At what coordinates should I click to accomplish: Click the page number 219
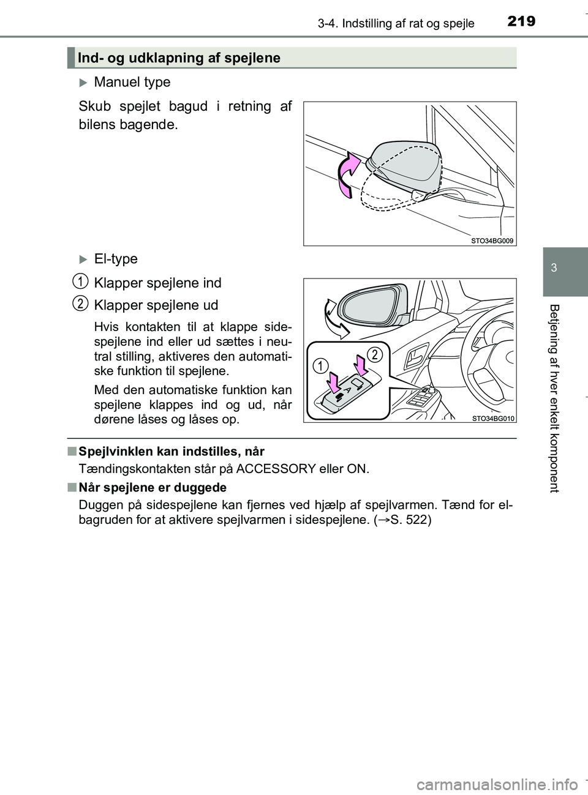click(x=522, y=21)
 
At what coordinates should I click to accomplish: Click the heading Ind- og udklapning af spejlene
click(x=179, y=58)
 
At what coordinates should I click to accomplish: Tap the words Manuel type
click(x=132, y=82)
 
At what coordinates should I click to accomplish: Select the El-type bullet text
click(x=116, y=259)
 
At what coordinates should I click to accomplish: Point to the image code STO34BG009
click(x=492, y=241)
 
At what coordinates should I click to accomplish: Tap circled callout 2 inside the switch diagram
click(x=376, y=353)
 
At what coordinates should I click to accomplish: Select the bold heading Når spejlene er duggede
click(x=152, y=488)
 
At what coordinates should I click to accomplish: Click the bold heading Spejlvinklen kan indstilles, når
click(x=171, y=452)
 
